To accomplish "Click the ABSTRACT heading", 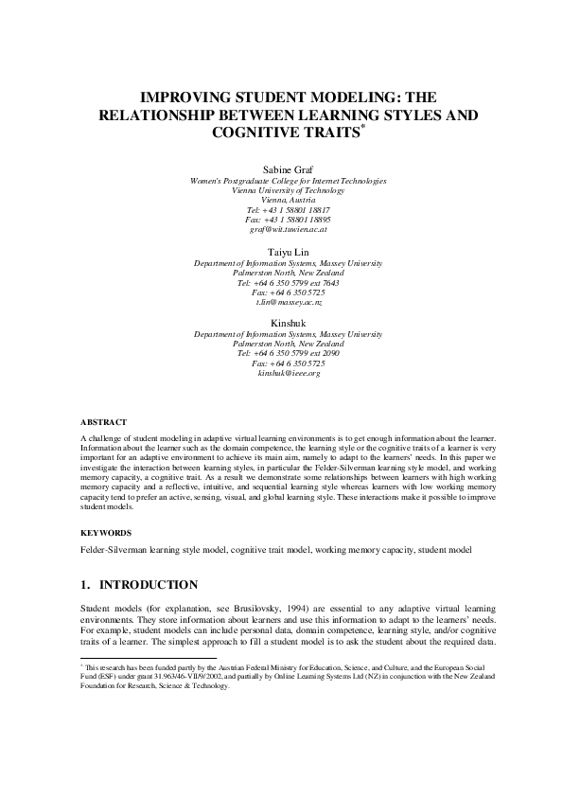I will (103, 421).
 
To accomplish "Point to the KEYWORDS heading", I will (105, 533).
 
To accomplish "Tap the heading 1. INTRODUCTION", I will (139, 584).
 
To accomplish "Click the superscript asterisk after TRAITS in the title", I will (362, 127).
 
